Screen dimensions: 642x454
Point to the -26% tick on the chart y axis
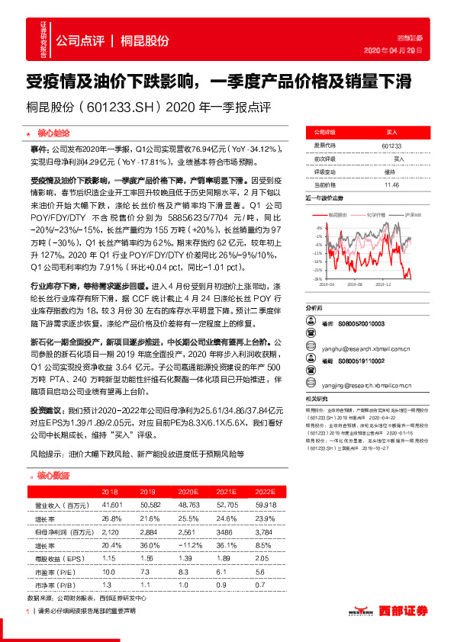tap(317, 278)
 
